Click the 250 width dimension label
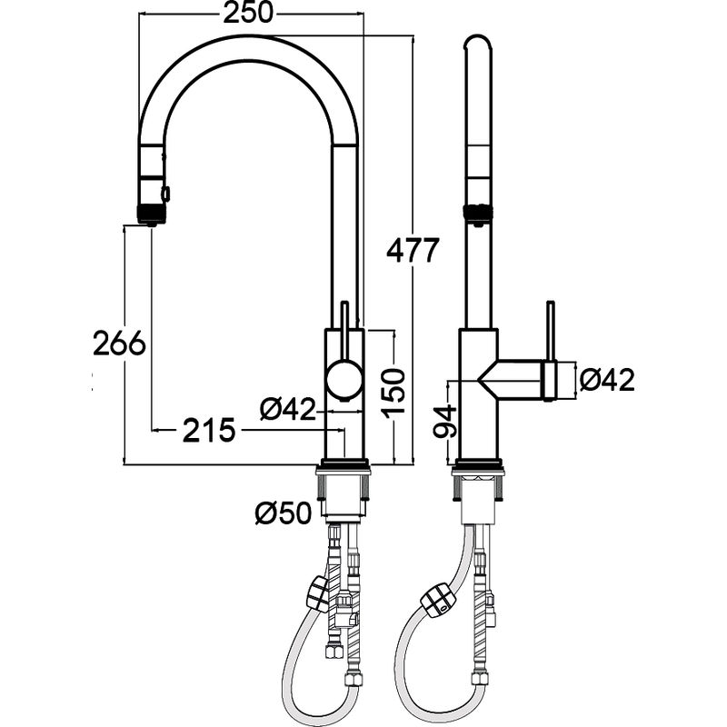(248, 13)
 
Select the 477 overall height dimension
(413, 251)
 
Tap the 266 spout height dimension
(119, 344)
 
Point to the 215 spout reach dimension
(209, 430)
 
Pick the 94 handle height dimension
(445, 421)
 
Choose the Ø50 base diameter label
(283, 513)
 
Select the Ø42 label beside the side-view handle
(607, 380)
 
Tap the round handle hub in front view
(344, 379)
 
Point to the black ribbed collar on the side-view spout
(478, 214)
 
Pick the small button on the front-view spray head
(165, 193)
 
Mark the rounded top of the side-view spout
(478, 42)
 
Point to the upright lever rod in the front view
(344, 332)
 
